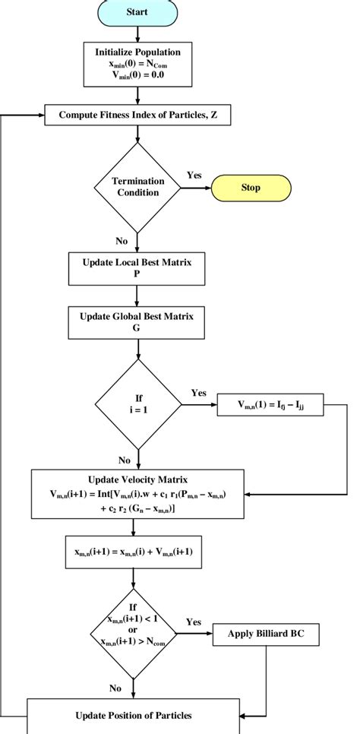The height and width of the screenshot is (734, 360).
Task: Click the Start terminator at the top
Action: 137,13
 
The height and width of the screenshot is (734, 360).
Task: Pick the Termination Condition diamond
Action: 137,186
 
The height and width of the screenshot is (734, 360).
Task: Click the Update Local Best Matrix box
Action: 137,266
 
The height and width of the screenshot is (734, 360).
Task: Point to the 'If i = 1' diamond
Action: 137,402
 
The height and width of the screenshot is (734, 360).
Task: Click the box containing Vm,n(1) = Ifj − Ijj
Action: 270,407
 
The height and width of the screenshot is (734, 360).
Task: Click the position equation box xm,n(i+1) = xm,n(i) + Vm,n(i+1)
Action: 137,552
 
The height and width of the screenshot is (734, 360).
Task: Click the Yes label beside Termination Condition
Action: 194,175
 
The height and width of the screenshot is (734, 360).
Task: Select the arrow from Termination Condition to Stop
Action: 196,186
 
